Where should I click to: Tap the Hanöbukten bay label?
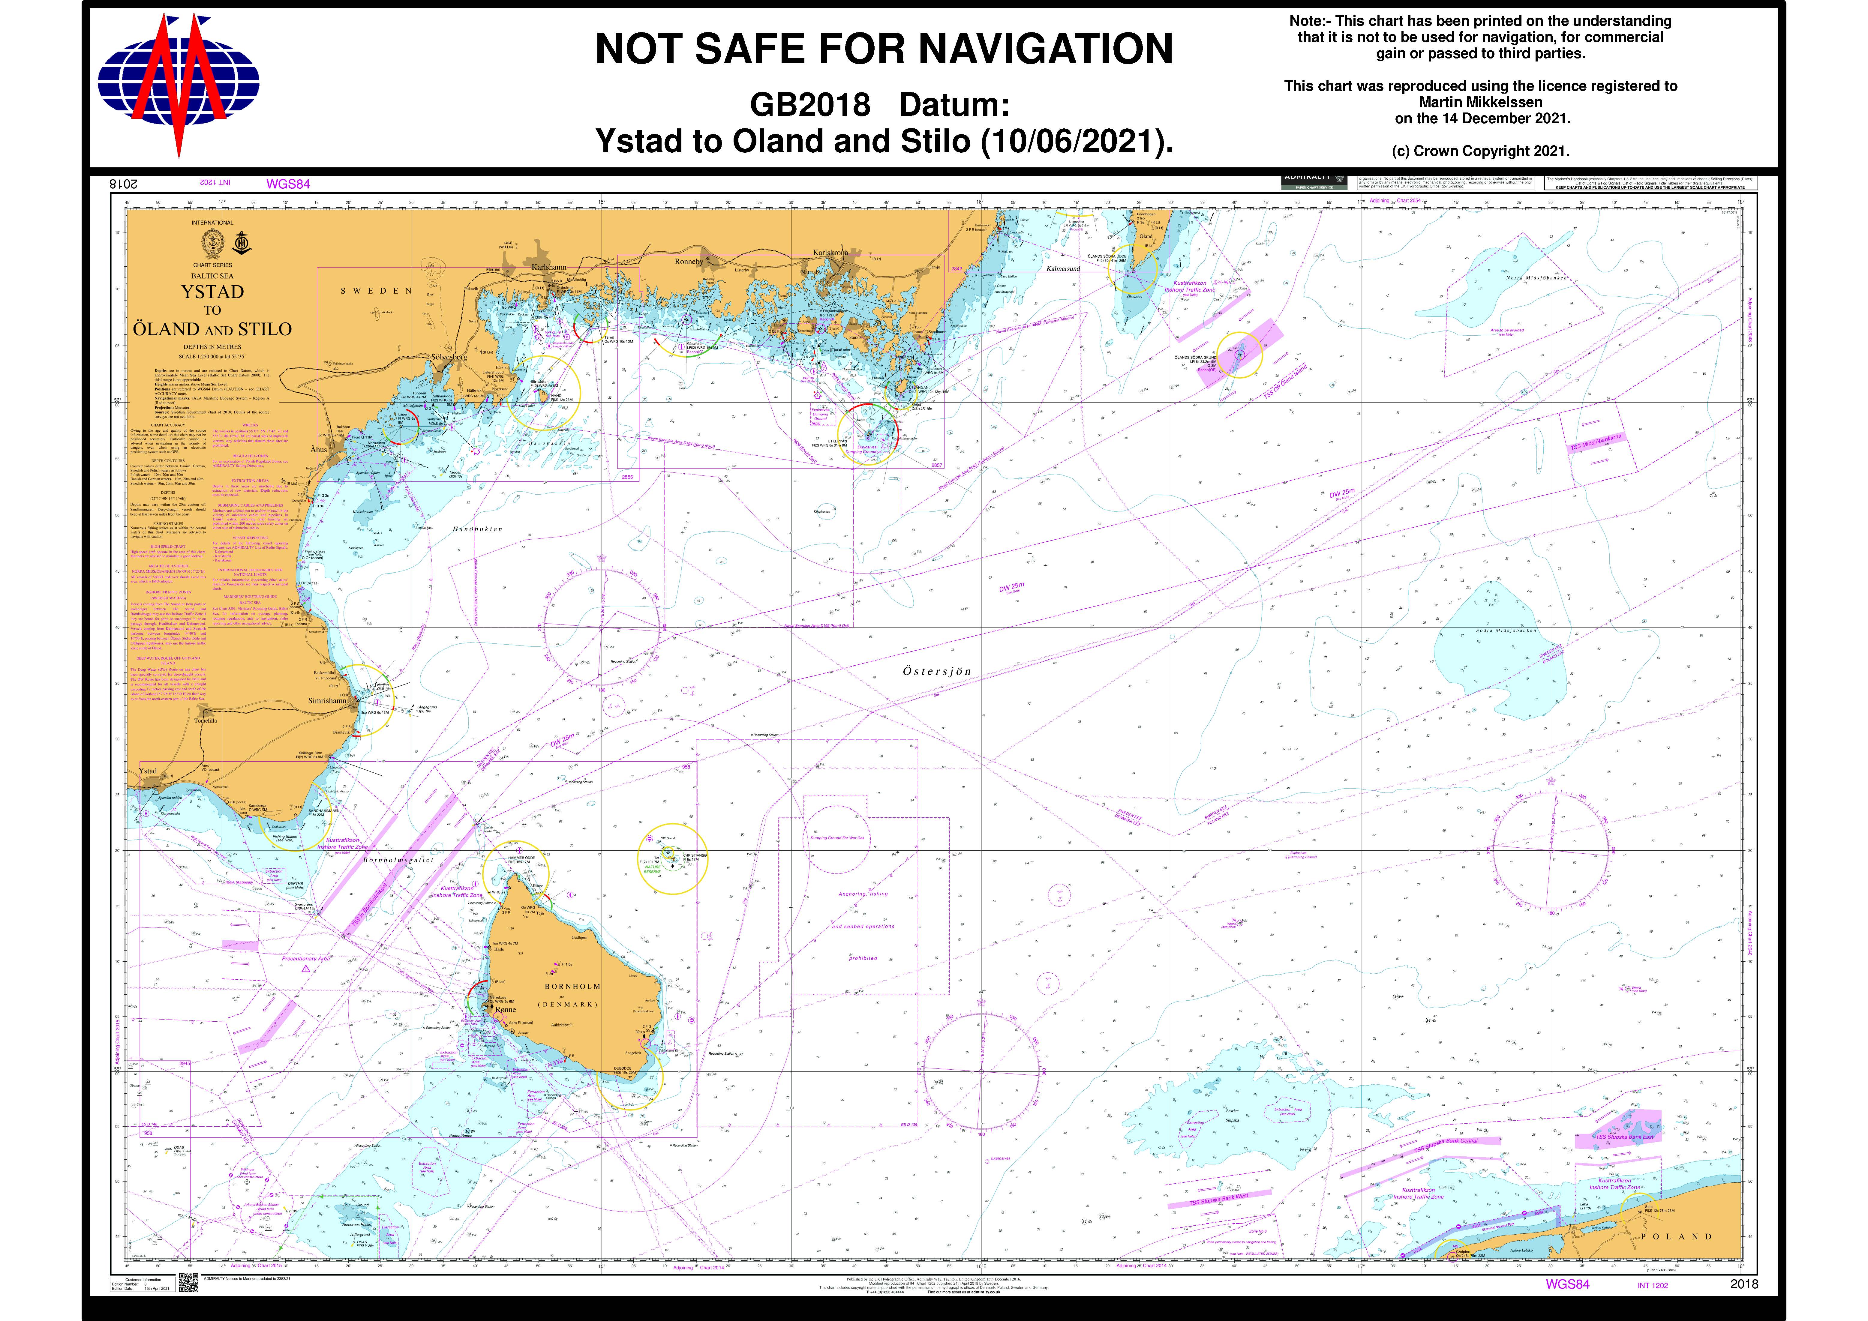[x=478, y=529]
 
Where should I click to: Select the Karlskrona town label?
[x=831, y=253]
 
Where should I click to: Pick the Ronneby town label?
[x=688, y=262]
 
